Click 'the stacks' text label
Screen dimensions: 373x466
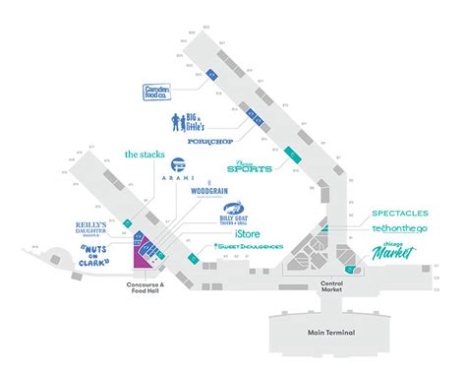pos(146,154)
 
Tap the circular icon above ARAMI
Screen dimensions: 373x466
pos(178,164)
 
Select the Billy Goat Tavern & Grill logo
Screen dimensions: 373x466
pos(234,213)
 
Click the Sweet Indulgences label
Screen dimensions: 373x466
pos(249,246)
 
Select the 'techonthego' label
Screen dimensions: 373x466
pos(401,229)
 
